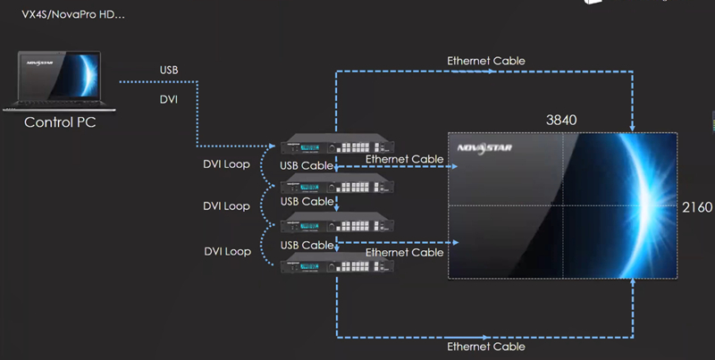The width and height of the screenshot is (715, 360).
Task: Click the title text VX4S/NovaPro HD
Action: pos(72,14)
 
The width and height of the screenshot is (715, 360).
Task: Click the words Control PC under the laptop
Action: pos(59,122)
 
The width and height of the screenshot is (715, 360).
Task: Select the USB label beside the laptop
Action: pos(169,71)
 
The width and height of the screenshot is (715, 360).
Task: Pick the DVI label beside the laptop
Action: pos(168,99)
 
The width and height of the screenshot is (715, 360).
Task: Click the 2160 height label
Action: pos(696,207)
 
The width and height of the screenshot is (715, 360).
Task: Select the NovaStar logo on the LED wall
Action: pos(484,148)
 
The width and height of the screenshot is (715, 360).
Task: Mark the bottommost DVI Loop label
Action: pos(226,252)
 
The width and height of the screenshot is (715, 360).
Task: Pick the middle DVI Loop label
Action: pos(226,206)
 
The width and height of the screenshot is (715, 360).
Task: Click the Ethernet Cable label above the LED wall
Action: pos(485,61)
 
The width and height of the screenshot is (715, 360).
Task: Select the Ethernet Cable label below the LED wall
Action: pos(485,346)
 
